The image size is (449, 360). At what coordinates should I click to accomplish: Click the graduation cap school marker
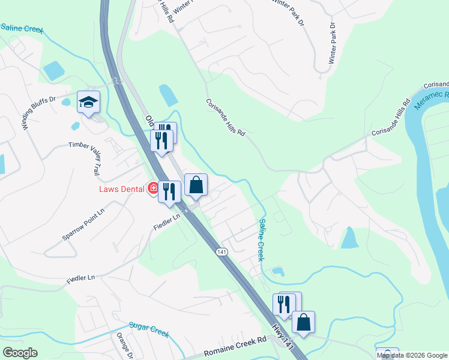88,102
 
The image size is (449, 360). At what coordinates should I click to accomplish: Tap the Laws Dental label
122,189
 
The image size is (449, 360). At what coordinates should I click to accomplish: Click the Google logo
20,353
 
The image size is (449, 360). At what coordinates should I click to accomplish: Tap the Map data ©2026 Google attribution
412,355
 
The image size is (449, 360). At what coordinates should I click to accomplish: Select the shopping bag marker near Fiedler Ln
196,186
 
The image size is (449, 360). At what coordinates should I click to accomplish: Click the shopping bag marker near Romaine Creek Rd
304,323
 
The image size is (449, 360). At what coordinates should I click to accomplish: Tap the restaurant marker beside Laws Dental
170,192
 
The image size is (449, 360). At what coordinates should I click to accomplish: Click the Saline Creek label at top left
22,29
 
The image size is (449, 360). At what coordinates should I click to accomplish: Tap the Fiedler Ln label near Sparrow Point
167,221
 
